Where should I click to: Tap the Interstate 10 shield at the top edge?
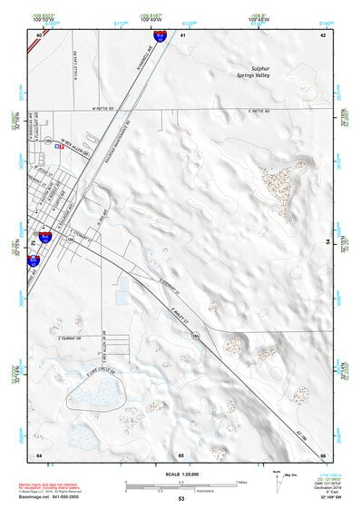(160, 36)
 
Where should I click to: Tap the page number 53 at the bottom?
(181, 499)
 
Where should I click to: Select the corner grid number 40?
(38, 34)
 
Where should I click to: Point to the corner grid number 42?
(323, 34)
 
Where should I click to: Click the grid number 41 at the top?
(181, 34)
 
